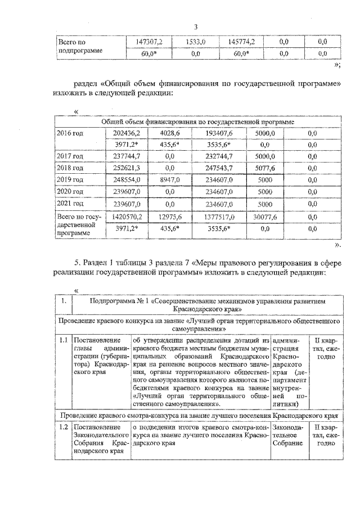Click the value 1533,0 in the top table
click(196, 42)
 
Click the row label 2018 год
click(70, 168)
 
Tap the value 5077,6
click(264, 168)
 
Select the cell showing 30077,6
click(264, 216)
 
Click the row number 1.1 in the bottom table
click(64, 340)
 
